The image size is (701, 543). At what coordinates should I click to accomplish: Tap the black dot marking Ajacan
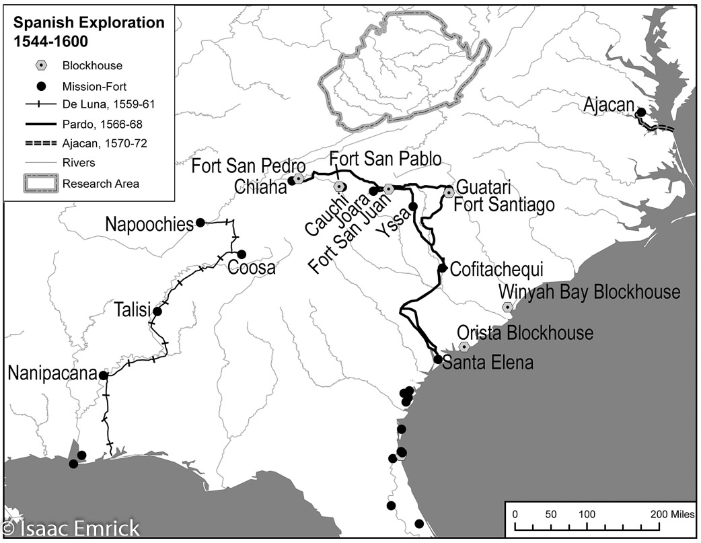[x=642, y=112]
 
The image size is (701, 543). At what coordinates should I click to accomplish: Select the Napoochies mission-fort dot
[x=200, y=223]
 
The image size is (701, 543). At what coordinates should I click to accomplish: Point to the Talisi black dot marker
[x=157, y=311]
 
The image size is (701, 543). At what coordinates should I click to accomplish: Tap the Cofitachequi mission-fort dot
[x=443, y=268]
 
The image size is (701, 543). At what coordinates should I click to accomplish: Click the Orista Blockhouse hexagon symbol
[x=464, y=347]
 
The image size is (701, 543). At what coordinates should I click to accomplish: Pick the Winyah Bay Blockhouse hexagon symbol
[x=507, y=307]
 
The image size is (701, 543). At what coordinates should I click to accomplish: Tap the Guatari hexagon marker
[x=449, y=192]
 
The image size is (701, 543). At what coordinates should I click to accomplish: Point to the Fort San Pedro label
[x=249, y=166]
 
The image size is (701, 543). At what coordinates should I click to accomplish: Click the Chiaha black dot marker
[x=291, y=180]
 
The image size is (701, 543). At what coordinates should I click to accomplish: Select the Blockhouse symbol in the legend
[x=40, y=66]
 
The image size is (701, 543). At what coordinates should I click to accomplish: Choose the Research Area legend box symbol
[x=40, y=182]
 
